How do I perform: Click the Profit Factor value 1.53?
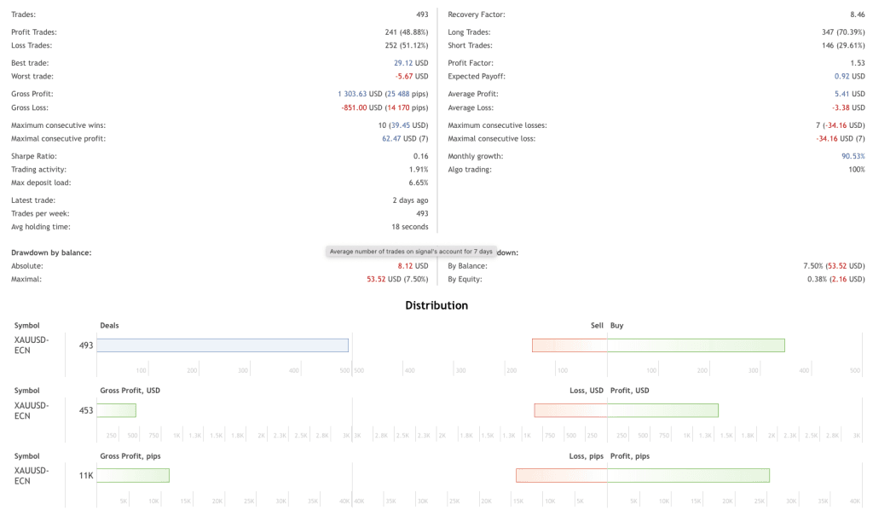[x=857, y=63]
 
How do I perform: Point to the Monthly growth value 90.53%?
[x=853, y=156]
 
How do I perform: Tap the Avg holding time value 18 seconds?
[x=409, y=227]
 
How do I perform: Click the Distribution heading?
[x=436, y=305]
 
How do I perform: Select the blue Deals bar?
[x=223, y=345]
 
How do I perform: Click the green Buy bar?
[x=696, y=345]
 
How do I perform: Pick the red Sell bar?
[x=569, y=345]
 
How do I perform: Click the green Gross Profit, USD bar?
[x=117, y=410]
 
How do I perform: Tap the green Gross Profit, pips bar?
[x=133, y=475]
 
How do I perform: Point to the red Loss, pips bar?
[x=561, y=475]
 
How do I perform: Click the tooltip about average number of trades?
[x=411, y=252]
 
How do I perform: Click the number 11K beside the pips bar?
[x=86, y=475]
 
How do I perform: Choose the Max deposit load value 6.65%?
[x=418, y=183]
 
